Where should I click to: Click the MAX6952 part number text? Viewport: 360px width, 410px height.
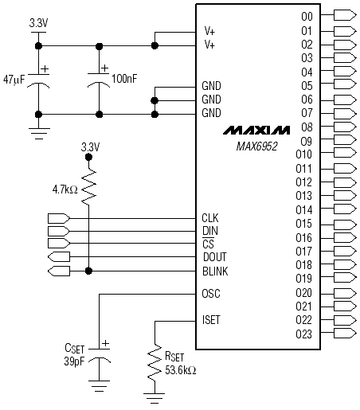[x=256, y=146]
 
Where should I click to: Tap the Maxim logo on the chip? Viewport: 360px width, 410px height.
[x=256, y=131]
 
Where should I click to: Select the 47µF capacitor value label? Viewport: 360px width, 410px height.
[x=14, y=80]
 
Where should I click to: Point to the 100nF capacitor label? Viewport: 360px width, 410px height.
[x=124, y=79]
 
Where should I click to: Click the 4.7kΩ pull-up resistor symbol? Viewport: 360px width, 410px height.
[x=88, y=188]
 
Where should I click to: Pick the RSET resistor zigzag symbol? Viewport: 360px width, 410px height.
[x=155, y=363]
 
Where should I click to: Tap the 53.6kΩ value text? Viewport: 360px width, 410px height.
[x=181, y=370]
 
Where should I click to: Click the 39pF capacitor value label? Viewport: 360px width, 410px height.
[x=74, y=361]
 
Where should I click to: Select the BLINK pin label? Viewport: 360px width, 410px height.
[x=215, y=271]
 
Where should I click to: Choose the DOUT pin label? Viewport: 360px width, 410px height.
[x=215, y=257]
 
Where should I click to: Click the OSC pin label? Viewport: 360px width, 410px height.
[x=211, y=294]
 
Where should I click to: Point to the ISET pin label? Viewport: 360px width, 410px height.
[x=211, y=320]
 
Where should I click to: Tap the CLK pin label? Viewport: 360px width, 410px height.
[x=210, y=218]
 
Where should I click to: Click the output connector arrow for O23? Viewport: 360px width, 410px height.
[x=345, y=333]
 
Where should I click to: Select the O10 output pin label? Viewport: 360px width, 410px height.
[x=303, y=154]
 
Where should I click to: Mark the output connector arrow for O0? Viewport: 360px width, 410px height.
[x=345, y=15]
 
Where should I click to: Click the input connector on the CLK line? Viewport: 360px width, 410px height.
[x=59, y=218]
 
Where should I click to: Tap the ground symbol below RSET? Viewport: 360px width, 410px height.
[x=155, y=398]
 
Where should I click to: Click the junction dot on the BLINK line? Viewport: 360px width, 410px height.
[x=88, y=271]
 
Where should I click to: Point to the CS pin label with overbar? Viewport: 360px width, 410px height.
[x=208, y=243]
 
